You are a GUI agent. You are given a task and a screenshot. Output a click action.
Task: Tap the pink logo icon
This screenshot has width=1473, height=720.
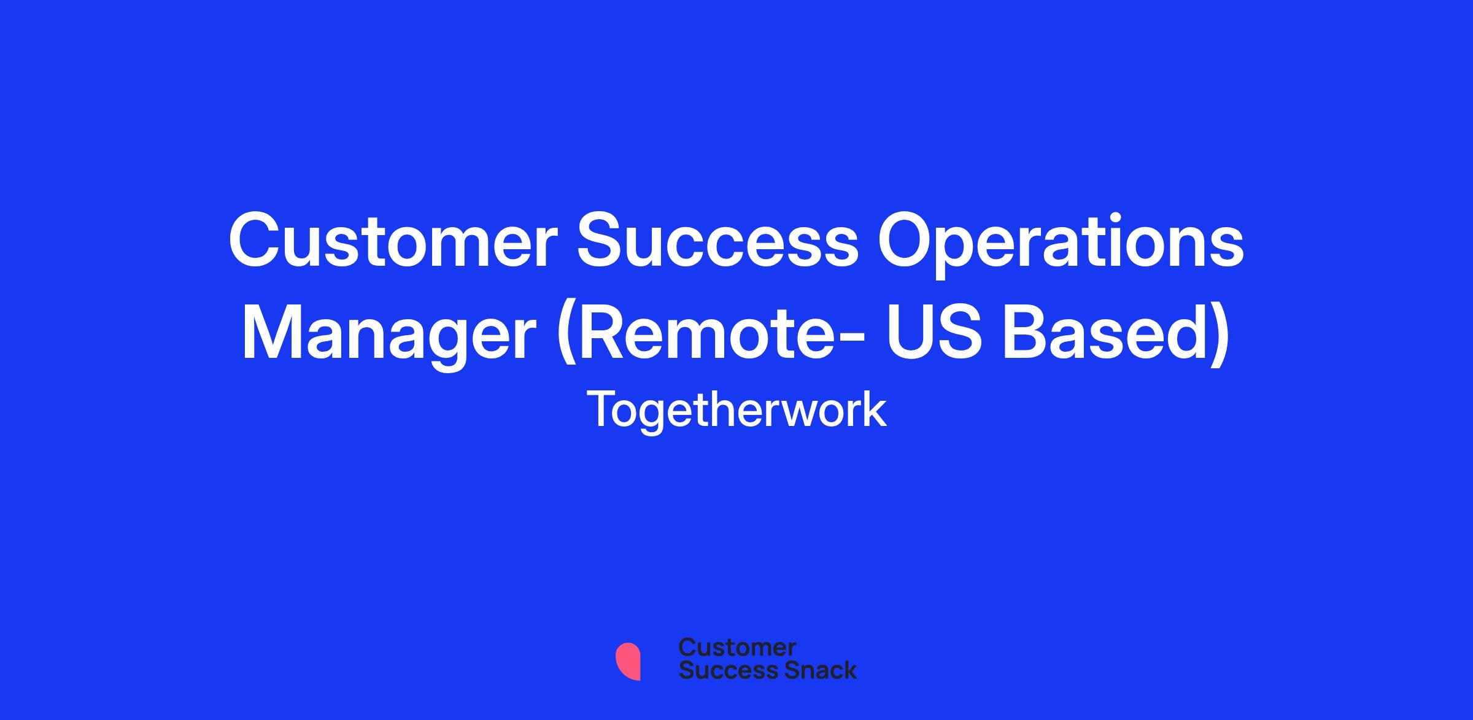click(x=628, y=661)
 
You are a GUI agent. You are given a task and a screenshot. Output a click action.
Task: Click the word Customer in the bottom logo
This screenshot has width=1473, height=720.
click(x=737, y=648)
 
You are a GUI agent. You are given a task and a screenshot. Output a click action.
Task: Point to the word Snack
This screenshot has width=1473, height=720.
click(x=812, y=670)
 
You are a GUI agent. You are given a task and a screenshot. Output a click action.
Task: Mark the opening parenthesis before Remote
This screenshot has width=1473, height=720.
click(x=566, y=338)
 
